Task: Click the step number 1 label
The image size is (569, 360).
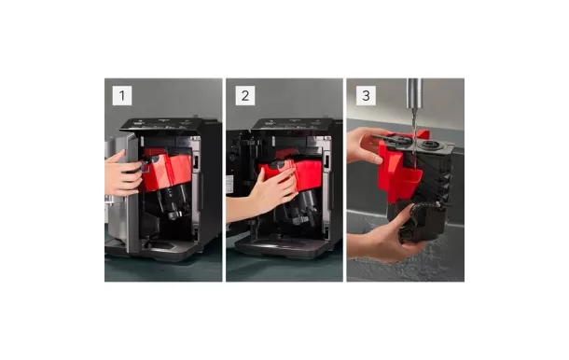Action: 122,96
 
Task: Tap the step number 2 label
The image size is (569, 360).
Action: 245,96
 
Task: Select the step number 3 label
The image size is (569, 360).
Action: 366,96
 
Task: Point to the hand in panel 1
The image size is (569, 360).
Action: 122,173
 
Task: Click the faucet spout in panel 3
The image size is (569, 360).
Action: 415,93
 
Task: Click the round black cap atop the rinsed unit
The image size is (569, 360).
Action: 432,145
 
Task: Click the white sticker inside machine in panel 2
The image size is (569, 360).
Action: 229,185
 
